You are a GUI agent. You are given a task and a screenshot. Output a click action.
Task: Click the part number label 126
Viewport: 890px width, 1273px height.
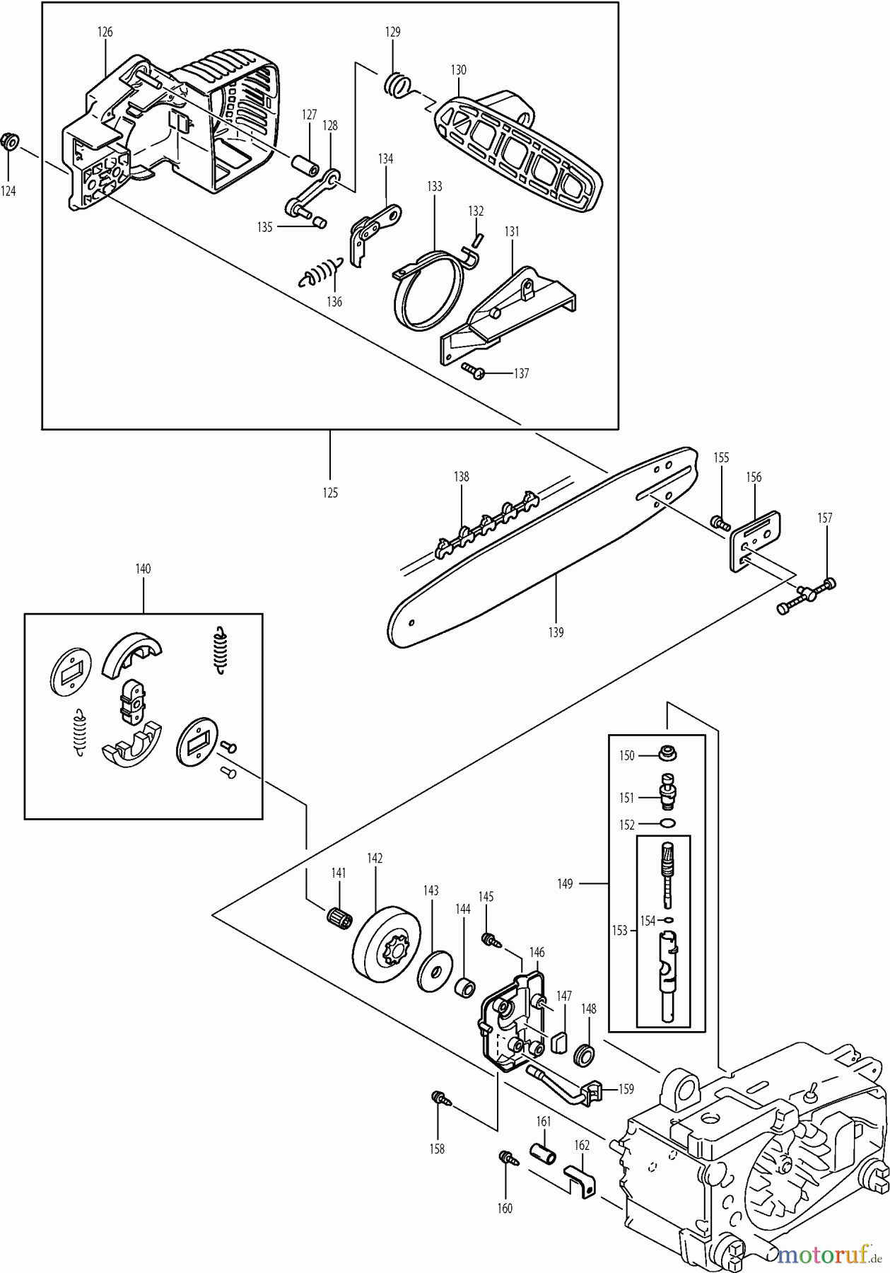[105, 32]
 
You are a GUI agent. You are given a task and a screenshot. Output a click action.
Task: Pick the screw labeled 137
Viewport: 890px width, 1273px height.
[474, 370]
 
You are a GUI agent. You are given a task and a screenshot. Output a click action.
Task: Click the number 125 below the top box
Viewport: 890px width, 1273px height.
[330, 493]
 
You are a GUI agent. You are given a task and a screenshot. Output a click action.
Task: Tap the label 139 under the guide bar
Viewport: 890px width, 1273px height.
[556, 633]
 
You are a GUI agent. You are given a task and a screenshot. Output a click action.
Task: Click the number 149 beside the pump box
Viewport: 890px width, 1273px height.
[565, 883]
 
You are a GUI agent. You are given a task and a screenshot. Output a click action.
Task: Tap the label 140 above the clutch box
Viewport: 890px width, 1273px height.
[143, 569]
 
